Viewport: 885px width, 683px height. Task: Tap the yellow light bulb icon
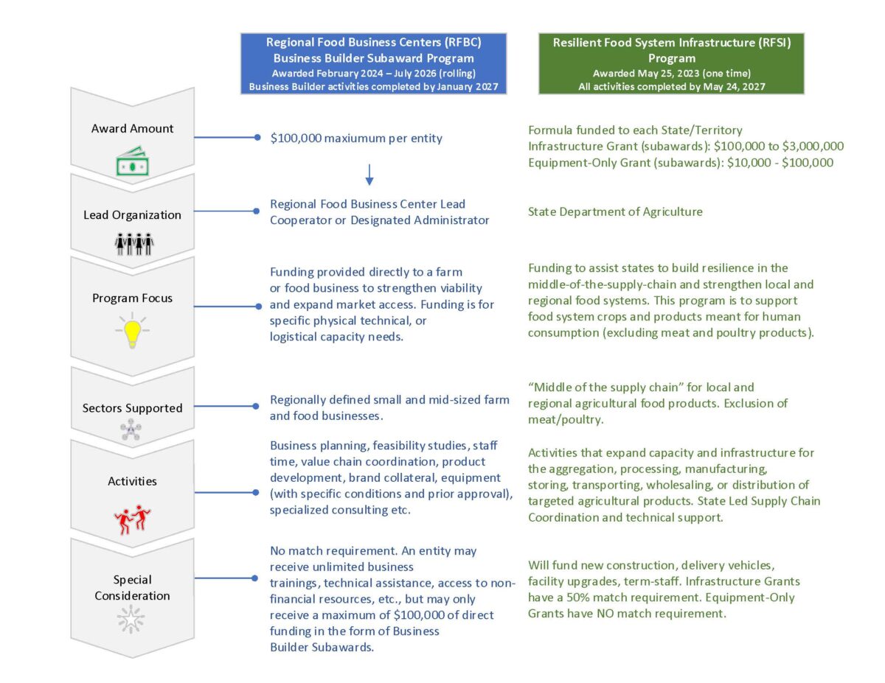pyautogui.click(x=132, y=332)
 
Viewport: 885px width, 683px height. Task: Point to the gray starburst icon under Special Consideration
pyautogui.click(x=132, y=621)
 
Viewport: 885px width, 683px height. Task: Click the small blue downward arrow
pyautogui.click(x=369, y=174)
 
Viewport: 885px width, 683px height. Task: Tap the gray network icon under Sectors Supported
pyautogui.click(x=132, y=431)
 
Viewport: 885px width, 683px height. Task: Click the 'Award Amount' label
pyautogui.click(x=132, y=128)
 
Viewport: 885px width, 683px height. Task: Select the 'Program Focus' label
pyautogui.click(x=132, y=298)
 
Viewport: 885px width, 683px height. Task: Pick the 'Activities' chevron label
pyautogui.click(x=132, y=481)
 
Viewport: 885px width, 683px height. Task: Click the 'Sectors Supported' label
pyautogui.click(x=132, y=407)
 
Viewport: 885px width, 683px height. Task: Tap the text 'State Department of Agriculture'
pyautogui.click(x=615, y=211)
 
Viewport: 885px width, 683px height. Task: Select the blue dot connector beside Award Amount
pyautogui.click(x=257, y=138)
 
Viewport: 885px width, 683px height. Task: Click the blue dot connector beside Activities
pyautogui.click(x=257, y=481)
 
